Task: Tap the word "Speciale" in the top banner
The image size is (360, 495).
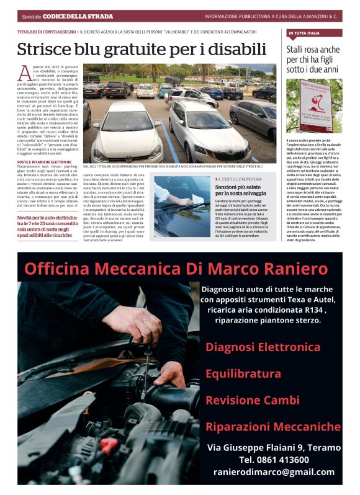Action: tap(31, 16)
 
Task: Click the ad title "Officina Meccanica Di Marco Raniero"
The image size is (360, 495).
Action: tap(176, 269)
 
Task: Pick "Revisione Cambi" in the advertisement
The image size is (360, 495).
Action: tap(243, 400)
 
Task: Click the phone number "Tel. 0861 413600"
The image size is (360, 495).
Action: tap(274, 459)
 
